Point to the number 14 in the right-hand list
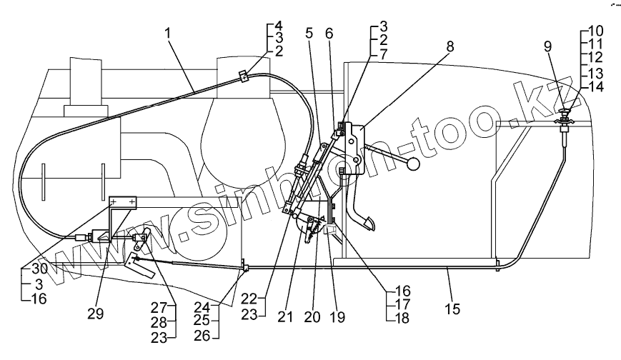tap(596, 86)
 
